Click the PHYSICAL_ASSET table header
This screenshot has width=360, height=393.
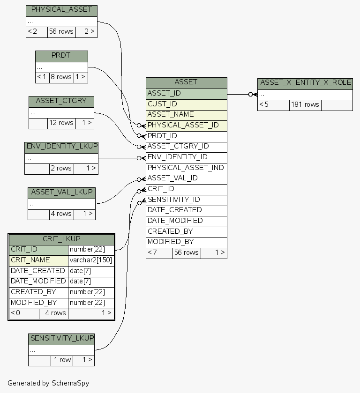tap(61, 9)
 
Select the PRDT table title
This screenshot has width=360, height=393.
tap(61, 55)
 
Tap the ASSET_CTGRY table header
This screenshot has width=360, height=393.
tap(61, 101)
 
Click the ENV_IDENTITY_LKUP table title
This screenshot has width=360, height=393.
tap(61, 147)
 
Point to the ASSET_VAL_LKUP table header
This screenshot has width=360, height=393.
tap(61, 192)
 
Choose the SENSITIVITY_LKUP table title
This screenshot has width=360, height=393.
tap(61, 338)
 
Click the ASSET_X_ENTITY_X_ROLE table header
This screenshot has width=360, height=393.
tap(305, 83)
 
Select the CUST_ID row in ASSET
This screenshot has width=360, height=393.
tap(186, 104)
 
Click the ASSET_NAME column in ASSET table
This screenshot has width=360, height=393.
tap(186, 114)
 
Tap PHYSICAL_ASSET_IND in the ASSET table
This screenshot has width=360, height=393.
tap(186, 168)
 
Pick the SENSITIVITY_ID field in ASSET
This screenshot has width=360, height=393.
tap(186, 200)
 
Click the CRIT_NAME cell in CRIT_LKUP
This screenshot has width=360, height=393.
tap(38, 260)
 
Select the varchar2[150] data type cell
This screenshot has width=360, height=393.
tap(91, 260)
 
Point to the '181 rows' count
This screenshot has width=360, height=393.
tap(305, 105)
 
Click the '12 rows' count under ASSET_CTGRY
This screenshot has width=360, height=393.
tap(61, 123)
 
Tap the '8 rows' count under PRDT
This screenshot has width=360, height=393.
tap(61, 77)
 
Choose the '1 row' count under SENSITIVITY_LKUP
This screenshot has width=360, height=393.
tap(62, 360)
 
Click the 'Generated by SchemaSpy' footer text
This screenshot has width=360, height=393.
tap(48, 383)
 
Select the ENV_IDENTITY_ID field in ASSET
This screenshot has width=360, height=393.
tap(186, 157)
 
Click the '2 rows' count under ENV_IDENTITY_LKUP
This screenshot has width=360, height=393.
tap(61, 169)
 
